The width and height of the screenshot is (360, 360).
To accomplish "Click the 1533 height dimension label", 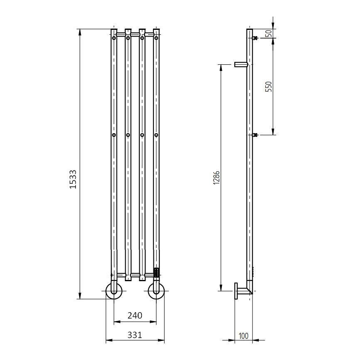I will [73, 179].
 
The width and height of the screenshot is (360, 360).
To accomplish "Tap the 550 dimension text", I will [268, 86].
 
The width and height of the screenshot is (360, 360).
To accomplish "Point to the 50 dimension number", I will [269, 33].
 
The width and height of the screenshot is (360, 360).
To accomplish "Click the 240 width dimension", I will [135, 316].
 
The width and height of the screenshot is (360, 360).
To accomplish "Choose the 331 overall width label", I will [135, 335].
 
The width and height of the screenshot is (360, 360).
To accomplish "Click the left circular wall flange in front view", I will [114, 291].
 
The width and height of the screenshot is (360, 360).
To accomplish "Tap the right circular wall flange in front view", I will [156, 291].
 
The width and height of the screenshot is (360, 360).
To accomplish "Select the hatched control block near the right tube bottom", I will [156, 272].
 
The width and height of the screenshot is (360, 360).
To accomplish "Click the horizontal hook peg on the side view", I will [241, 64].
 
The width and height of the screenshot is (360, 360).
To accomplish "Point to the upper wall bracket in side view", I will [255, 38].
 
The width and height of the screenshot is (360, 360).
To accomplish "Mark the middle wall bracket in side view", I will [255, 135].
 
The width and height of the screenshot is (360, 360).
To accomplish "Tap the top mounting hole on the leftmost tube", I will [114, 38].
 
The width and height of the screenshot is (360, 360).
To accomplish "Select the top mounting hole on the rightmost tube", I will [156, 38].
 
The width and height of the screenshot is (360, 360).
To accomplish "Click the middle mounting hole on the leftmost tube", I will [114, 135].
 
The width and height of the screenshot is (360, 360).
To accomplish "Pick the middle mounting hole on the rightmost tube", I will [156, 135].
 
